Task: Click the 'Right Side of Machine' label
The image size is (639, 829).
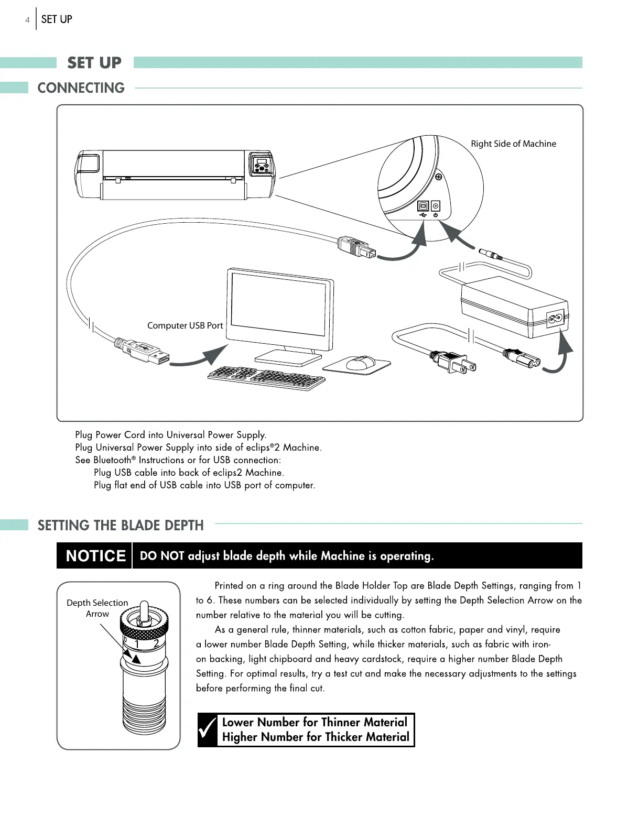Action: [513, 144]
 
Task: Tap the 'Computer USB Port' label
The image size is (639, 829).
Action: [185, 325]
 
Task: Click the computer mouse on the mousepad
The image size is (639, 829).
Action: [361, 362]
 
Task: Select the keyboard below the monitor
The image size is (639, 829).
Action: [266, 377]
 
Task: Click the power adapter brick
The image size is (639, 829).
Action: [514, 309]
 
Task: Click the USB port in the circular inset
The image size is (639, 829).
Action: [423, 206]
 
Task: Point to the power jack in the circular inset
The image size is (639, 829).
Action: [435, 206]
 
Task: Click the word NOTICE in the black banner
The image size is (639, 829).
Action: [95, 556]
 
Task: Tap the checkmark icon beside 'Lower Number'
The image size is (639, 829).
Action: [208, 730]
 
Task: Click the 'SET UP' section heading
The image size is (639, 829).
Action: [94, 63]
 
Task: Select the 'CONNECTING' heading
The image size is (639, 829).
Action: [81, 88]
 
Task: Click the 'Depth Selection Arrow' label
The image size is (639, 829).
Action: [98, 608]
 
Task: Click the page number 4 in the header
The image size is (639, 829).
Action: [27, 20]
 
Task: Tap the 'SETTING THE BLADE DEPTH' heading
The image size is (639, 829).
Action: [121, 525]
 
